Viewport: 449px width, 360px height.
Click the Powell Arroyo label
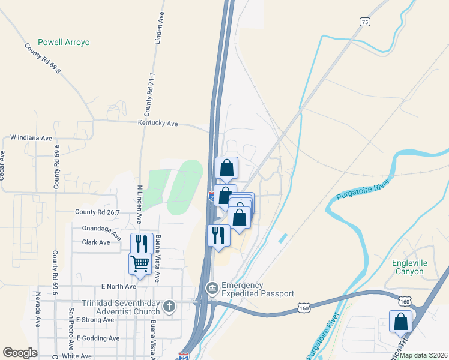(x=64, y=43)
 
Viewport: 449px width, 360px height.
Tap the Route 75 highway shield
(x=365, y=22)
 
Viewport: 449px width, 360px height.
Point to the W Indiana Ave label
(x=31, y=138)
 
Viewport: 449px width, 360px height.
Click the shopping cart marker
(x=140, y=263)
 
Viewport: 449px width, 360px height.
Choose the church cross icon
(x=170, y=307)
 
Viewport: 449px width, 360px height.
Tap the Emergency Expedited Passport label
(x=258, y=289)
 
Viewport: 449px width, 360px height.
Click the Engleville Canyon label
(x=416, y=267)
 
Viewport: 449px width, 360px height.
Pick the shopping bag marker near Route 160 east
(x=400, y=322)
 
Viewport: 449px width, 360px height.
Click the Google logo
(x=20, y=353)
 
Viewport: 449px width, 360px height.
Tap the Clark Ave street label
(x=96, y=242)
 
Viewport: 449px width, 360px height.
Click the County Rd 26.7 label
(x=98, y=212)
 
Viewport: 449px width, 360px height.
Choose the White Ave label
(x=76, y=356)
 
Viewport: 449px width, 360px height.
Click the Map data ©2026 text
(x=423, y=355)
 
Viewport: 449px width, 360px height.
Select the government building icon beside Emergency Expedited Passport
(x=212, y=289)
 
